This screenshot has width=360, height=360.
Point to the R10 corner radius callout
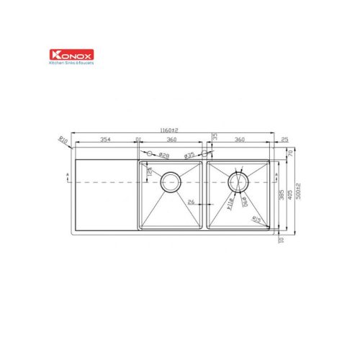(63, 142)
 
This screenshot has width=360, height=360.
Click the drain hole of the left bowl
(171, 181)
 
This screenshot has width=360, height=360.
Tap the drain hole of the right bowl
(238, 182)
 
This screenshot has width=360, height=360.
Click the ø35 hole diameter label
(189, 156)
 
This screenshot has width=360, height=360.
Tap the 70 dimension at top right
(289, 153)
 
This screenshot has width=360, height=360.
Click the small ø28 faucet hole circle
(149, 154)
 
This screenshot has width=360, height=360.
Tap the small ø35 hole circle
(204, 154)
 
